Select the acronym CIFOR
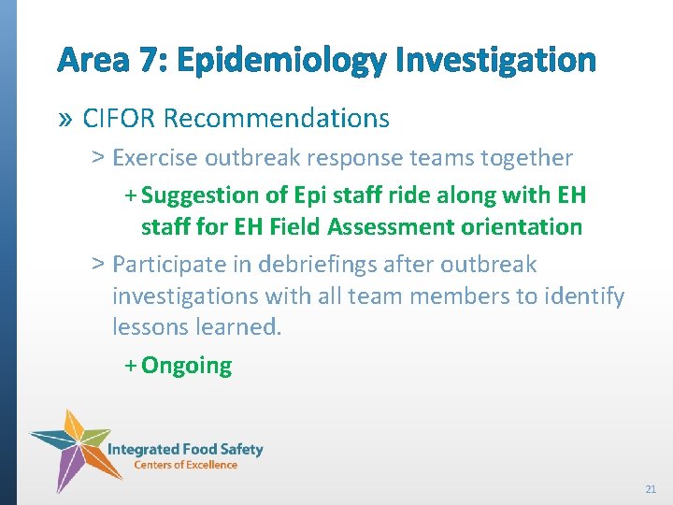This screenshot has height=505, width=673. [x=120, y=119]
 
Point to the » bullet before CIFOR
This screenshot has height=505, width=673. [x=64, y=119]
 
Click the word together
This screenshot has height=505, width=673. [x=526, y=158]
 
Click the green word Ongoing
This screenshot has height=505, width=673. [x=186, y=366]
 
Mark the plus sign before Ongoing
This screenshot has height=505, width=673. [x=130, y=366]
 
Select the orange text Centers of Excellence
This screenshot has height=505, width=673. [x=185, y=465]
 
